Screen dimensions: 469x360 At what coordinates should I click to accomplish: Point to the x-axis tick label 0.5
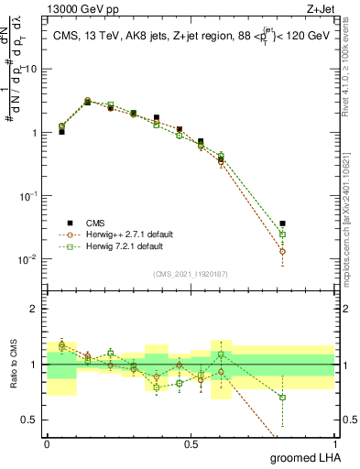pos(191,443)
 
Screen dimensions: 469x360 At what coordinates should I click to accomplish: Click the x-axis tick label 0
pos(47,443)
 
